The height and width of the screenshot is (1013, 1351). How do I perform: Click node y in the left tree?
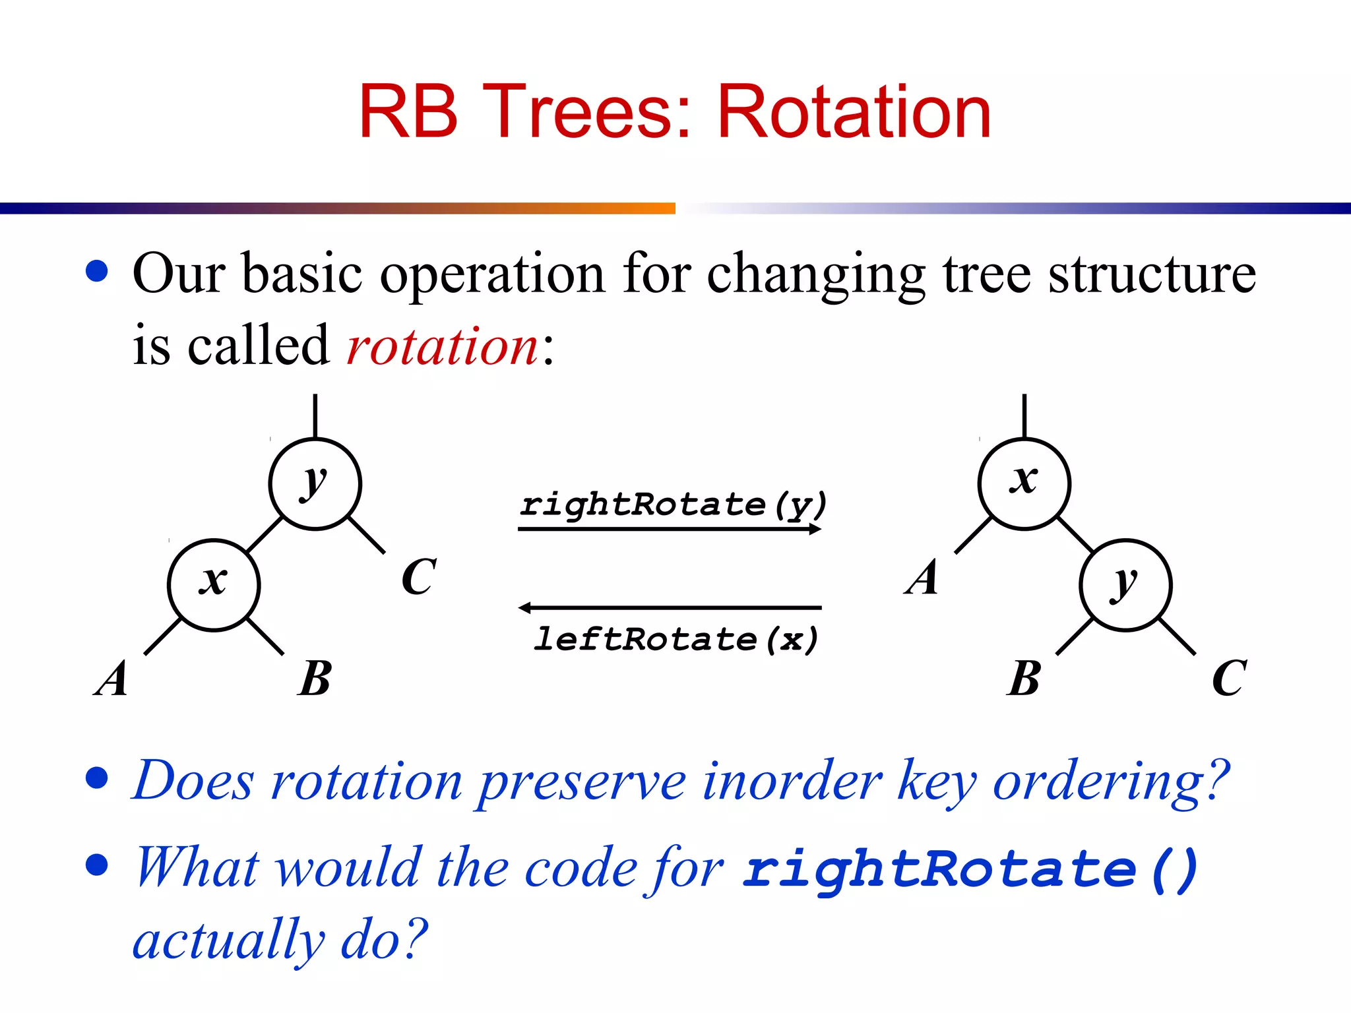[x=315, y=484]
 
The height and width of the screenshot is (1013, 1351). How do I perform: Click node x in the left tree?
[x=214, y=585]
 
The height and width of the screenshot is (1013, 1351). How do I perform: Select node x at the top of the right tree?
[x=1024, y=484]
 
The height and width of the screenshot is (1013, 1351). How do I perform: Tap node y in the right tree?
[x=1125, y=585]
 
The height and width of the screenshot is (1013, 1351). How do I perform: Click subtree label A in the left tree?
[x=111, y=678]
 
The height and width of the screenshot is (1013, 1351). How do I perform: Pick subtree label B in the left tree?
[x=315, y=678]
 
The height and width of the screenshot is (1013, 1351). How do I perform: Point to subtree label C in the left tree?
[x=418, y=577]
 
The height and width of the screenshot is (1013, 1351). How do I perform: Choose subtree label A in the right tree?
[x=922, y=577]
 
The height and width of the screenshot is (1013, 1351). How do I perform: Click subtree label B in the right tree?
[x=1024, y=678]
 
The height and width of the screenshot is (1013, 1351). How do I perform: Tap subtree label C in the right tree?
[x=1229, y=678]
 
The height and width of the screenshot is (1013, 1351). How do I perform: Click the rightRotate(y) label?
[x=673, y=505]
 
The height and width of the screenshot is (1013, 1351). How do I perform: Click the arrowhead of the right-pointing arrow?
[x=816, y=529]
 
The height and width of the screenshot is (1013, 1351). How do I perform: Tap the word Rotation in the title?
[x=854, y=112]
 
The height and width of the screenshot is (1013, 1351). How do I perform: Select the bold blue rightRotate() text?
[x=970, y=869]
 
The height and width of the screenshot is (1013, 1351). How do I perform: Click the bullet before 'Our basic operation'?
[x=97, y=271]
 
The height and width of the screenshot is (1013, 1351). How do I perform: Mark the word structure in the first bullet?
[x=1152, y=274]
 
